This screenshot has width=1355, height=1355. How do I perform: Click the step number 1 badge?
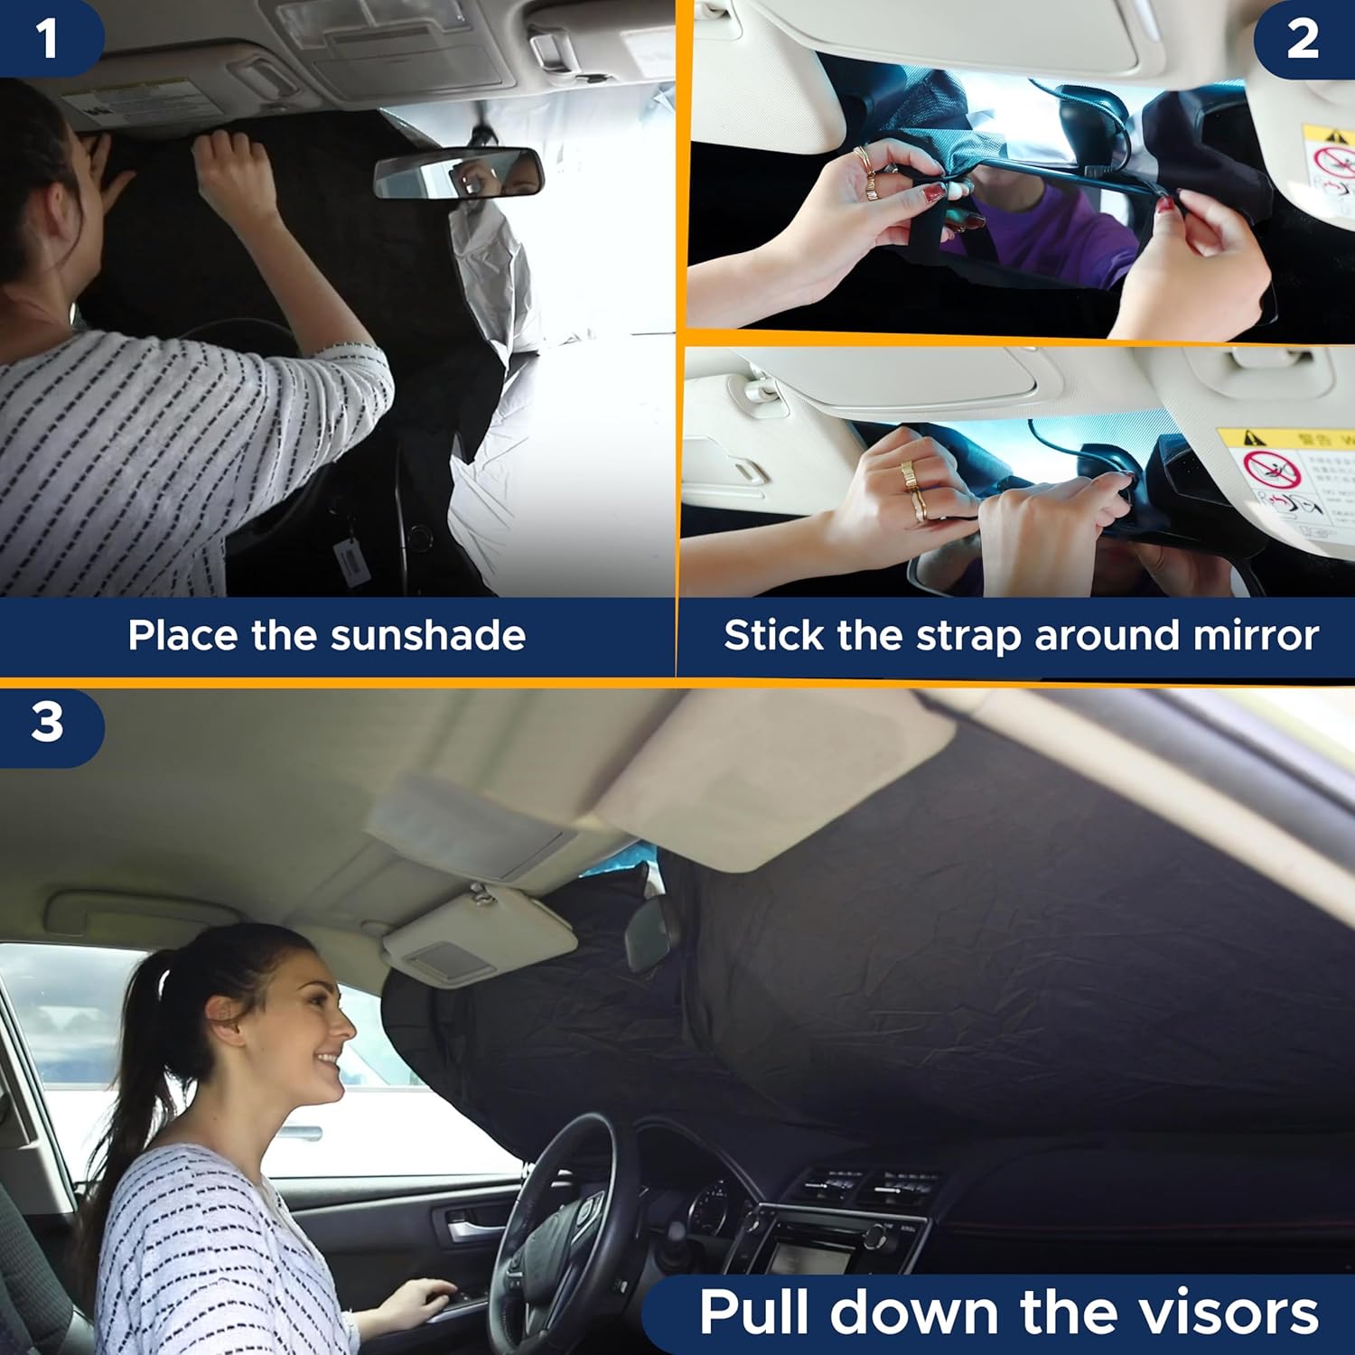click(x=47, y=38)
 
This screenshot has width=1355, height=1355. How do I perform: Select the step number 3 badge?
click(x=47, y=723)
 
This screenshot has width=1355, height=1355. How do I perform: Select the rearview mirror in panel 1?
click(x=459, y=173)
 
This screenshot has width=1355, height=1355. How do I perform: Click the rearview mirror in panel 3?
click(x=650, y=935)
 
